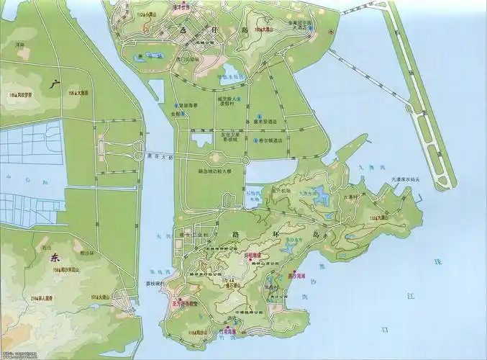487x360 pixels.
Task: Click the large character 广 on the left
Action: tap(52, 85)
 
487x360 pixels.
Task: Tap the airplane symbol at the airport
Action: tap(330, 33)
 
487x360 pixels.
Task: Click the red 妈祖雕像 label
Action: tap(257, 255)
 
